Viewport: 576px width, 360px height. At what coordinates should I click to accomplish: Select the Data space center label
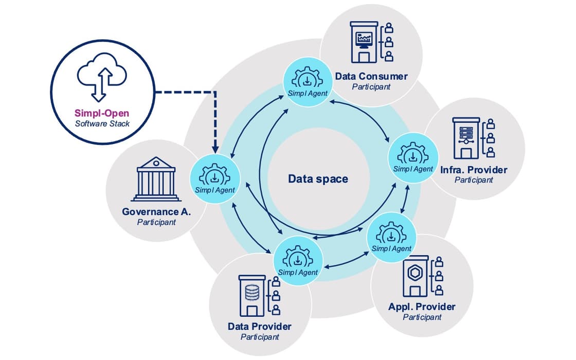coord(318,179)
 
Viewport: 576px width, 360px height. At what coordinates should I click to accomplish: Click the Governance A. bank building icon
coord(157,178)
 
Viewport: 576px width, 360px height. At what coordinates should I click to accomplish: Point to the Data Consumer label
coord(371,77)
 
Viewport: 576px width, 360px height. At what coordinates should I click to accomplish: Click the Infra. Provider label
coord(474,170)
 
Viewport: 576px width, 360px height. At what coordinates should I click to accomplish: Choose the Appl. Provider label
coord(422,307)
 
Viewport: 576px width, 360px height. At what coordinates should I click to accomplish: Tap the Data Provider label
coord(260,327)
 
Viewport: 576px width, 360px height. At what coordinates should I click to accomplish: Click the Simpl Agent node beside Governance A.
coord(215,178)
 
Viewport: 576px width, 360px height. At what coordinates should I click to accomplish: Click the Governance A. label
coord(156,211)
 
